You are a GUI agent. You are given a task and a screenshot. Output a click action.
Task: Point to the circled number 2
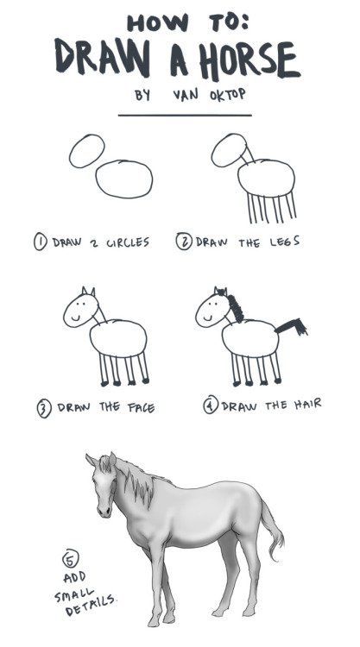[x=182, y=242]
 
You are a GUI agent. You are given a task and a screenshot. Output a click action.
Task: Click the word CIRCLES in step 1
[x=126, y=242]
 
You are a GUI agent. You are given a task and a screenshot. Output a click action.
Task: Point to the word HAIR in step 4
[x=302, y=404]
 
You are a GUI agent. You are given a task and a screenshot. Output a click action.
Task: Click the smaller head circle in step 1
[x=86, y=152]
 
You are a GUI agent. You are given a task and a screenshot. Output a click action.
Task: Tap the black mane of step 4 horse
[x=232, y=305]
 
